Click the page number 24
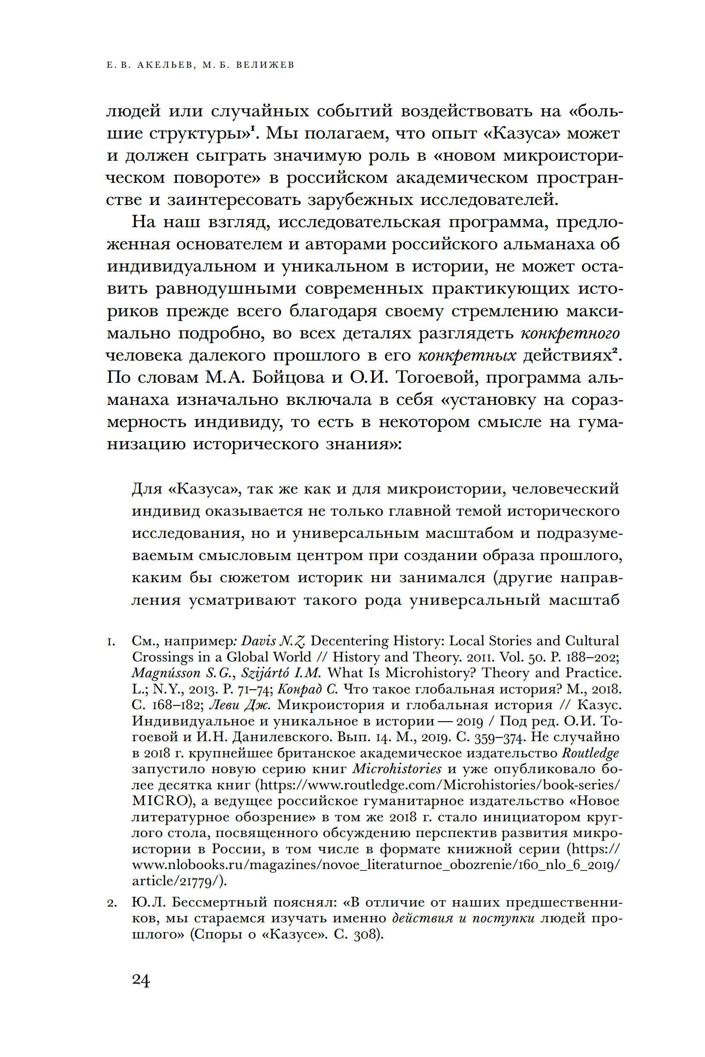click(141, 980)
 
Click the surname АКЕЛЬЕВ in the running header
click(165, 65)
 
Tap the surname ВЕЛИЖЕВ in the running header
click(265, 65)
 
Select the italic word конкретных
click(467, 355)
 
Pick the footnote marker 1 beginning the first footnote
click(110, 642)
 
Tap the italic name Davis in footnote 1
click(258, 641)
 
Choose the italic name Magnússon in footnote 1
click(166, 673)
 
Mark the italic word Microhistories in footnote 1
click(397, 769)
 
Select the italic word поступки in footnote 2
click(503, 918)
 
